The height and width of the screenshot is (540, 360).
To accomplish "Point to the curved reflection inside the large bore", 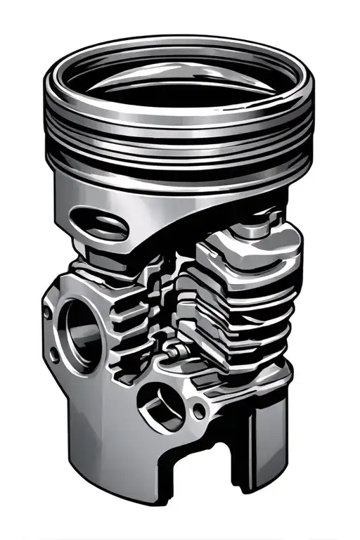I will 70,330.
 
